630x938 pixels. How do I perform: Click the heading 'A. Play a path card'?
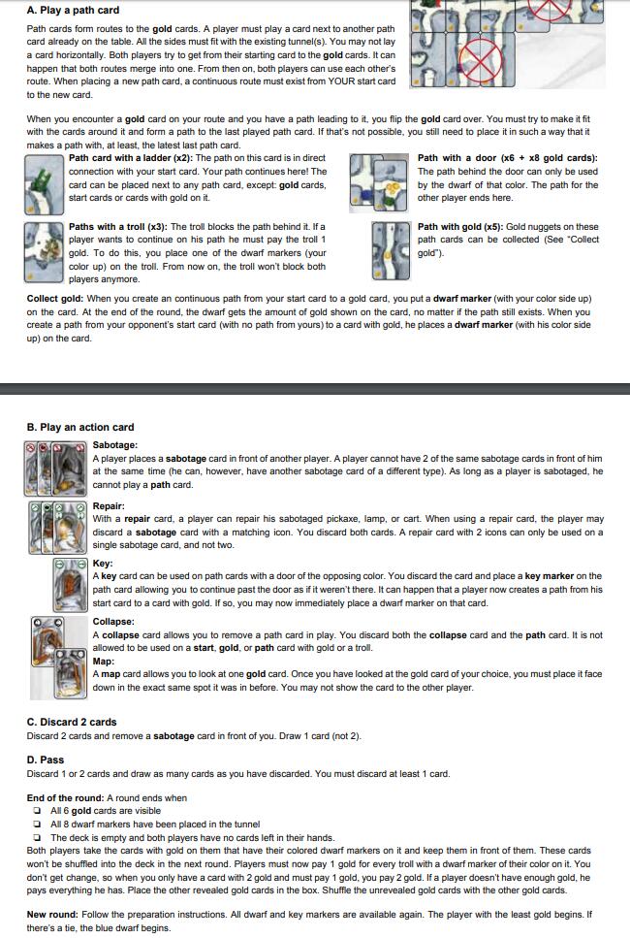tap(73, 10)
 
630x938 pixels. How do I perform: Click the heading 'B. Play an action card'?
tap(80, 427)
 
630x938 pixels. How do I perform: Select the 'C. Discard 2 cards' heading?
tap(72, 722)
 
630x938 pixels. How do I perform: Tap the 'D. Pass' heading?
tap(46, 760)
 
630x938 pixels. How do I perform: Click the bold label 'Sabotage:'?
tap(114, 445)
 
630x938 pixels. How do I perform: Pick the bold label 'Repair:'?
tap(109, 506)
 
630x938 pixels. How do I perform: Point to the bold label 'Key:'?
tap(103, 564)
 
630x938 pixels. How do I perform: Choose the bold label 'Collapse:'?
tap(113, 622)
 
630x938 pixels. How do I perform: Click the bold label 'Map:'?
tap(104, 661)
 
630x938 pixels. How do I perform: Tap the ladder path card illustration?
tap(45, 184)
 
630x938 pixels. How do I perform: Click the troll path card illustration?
tap(45, 252)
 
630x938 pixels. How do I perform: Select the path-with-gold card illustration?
tap(391, 250)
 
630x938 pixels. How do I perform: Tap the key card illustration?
tap(71, 585)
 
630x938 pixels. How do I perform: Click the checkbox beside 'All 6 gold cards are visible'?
tap(38, 811)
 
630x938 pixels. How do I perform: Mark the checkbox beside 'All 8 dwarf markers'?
tap(38, 825)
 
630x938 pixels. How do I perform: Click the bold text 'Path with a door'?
tap(457, 158)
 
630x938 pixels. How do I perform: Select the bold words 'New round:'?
tap(52, 914)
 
